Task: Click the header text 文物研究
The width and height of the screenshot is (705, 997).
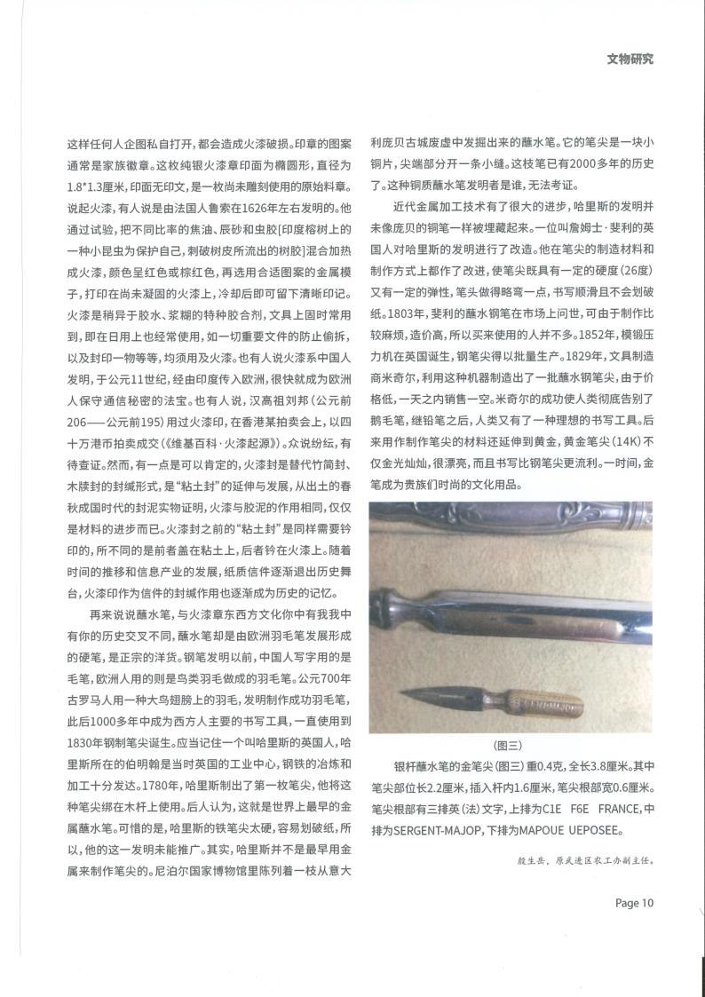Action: [x=630, y=60]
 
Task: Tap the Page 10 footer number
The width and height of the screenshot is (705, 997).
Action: [x=634, y=903]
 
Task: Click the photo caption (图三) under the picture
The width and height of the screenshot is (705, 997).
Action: [x=510, y=746]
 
